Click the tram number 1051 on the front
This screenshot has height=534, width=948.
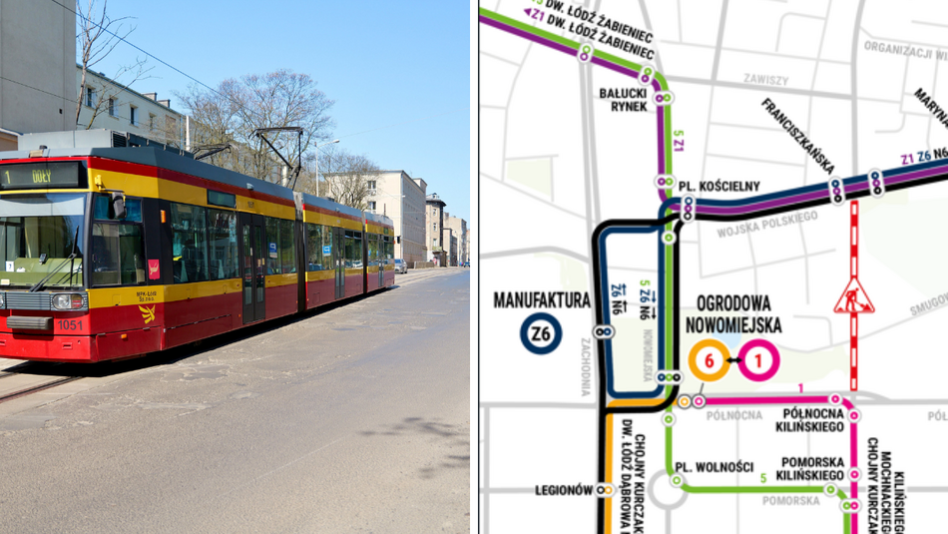point(69,324)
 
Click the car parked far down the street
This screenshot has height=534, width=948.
point(400,266)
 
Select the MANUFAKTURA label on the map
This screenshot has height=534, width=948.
point(540,299)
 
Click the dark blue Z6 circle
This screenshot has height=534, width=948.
point(540,334)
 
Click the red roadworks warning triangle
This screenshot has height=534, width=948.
point(853,297)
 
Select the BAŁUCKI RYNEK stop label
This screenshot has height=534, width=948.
point(624,99)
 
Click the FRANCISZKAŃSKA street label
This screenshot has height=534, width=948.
point(798,136)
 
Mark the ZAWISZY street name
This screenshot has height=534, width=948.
point(766,80)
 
